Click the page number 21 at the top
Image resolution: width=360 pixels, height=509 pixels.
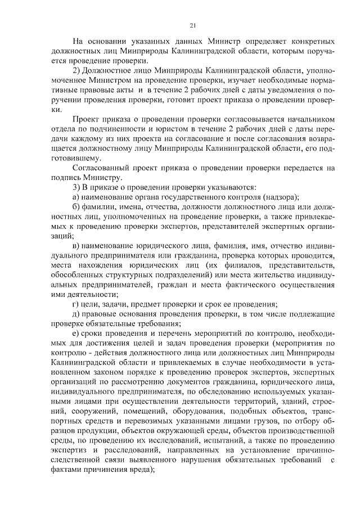point(193,25)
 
